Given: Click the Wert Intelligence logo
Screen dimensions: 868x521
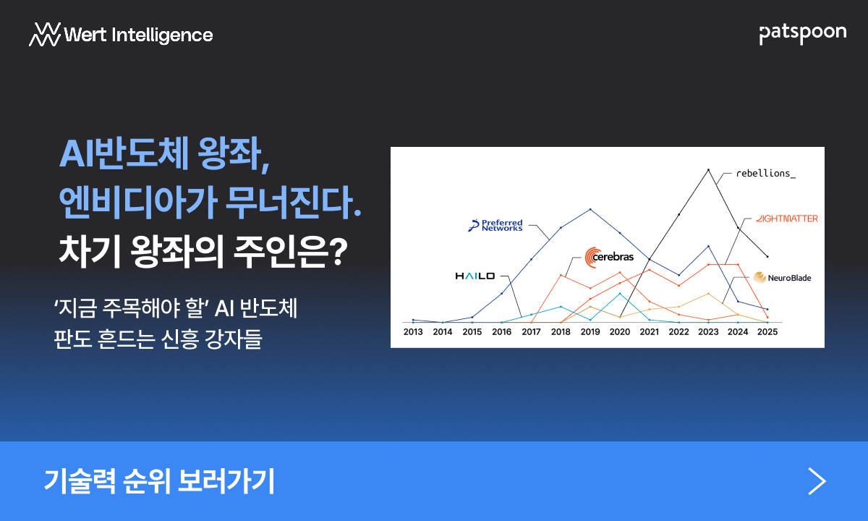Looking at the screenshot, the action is point(121,35).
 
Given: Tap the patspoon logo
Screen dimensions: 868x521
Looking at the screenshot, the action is point(802,34).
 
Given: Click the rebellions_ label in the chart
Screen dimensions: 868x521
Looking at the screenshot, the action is point(766,173).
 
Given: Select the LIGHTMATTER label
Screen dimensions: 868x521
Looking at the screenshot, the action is point(787,219).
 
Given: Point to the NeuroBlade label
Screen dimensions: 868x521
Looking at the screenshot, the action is point(782,278).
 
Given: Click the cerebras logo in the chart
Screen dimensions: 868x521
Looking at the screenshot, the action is point(609,257).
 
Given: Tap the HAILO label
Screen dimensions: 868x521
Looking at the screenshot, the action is point(475,276).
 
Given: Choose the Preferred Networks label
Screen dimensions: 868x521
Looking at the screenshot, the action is point(495,225).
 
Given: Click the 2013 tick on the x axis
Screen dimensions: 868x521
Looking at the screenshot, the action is point(413,332).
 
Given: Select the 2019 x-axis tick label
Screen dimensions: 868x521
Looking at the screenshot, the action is point(590,332).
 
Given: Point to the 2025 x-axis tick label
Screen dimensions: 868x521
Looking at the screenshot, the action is point(767,332).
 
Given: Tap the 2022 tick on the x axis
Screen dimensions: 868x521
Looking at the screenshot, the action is point(679,332).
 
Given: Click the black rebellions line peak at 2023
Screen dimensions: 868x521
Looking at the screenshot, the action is point(708,170).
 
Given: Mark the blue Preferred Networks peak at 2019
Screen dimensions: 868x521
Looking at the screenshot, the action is point(590,209).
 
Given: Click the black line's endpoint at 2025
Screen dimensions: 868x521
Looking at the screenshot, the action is point(767,256).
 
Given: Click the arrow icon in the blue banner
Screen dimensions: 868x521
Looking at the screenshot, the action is point(817,481).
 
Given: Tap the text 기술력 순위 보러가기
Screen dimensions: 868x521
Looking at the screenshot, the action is point(159,481).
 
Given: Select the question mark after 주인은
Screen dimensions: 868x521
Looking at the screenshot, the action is point(340,251).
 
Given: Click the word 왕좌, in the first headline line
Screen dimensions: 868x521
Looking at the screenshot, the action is point(233,154).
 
